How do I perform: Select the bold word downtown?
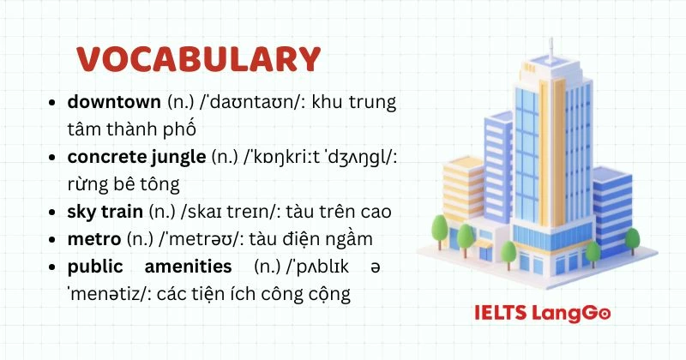(x=114, y=103)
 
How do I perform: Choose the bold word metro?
(x=94, y=238)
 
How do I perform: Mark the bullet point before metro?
(x=54, y=239)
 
